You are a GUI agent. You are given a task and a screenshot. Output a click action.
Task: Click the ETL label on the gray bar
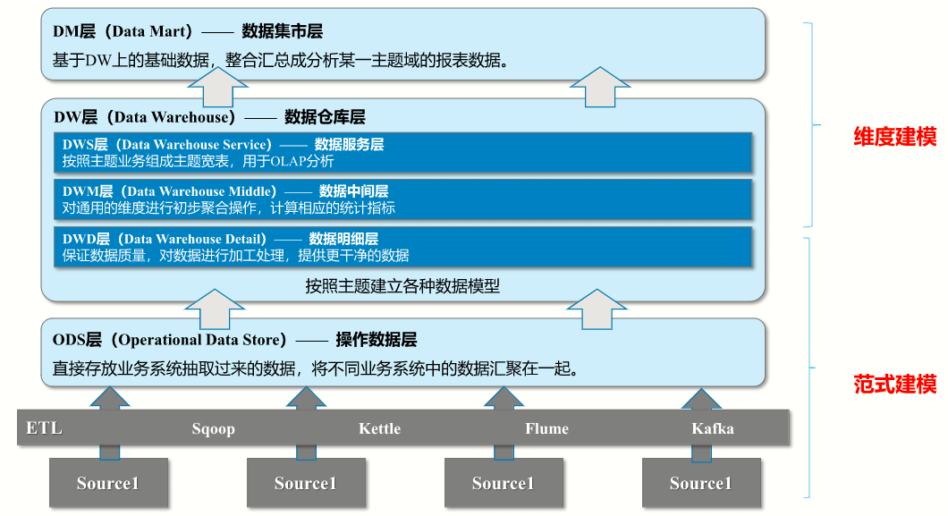[x=44, y=427]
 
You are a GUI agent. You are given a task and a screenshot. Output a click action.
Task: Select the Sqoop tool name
[x=213, y=428]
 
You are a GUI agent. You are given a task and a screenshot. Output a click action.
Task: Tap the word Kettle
[x=379, y=428]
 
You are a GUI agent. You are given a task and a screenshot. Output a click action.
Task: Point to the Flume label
[x=546, y=428]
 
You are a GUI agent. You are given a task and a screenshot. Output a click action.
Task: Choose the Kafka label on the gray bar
[x=713, y=428]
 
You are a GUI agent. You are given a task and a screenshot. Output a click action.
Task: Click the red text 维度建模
[x=894, y=137]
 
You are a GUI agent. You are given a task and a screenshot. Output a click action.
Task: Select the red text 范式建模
[x=894, y=385]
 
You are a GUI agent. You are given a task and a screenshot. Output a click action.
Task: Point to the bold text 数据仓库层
[x=325, y=117]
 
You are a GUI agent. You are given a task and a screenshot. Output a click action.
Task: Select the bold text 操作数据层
[x=376, y=340]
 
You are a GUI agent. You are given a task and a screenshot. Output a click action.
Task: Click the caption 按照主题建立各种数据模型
[x=402, y=287]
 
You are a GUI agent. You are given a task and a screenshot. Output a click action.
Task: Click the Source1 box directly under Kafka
[x=700, y=483]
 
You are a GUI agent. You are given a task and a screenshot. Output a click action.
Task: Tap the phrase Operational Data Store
[x=202, y=340]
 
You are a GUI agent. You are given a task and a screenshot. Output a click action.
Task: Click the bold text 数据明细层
[x=343, y=239]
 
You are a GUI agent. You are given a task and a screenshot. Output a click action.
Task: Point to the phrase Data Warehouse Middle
[x=201, y=191]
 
